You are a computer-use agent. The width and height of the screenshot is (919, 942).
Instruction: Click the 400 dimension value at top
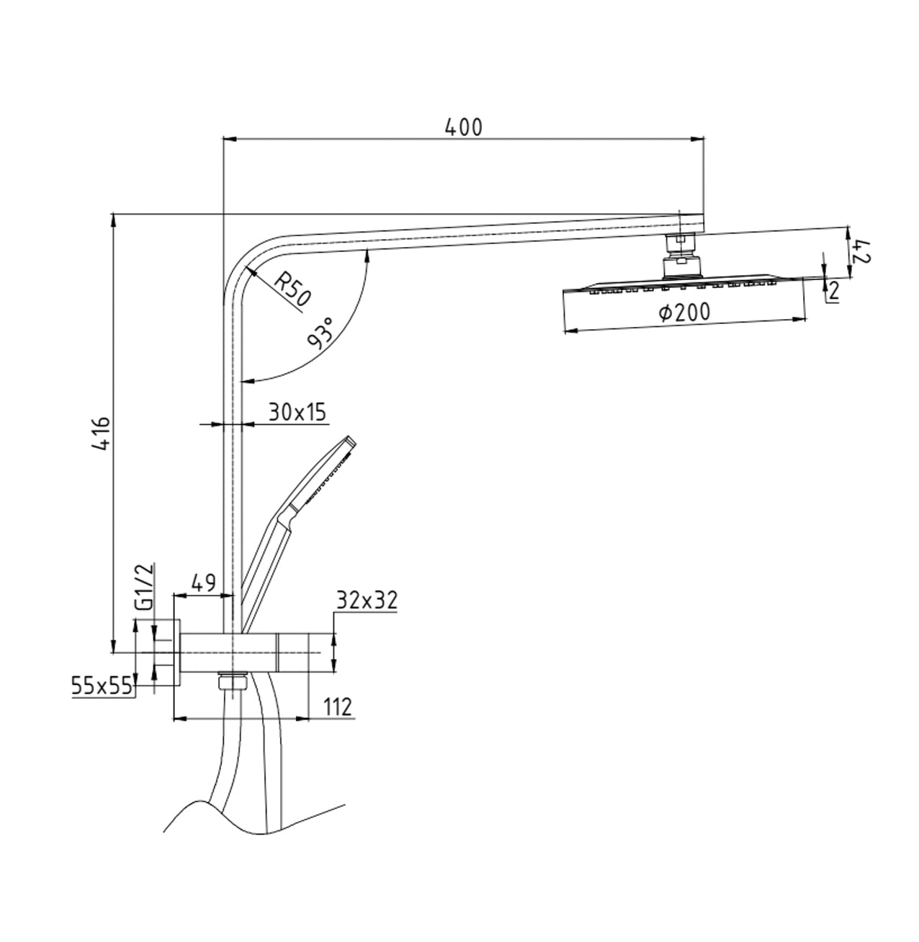pyautogui.click(x=463, y=127)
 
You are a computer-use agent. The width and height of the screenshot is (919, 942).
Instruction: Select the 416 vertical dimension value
pyautogui.click(x=102, y=434)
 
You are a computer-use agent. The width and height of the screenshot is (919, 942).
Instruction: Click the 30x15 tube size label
pyautogui.click(x=297, y=413)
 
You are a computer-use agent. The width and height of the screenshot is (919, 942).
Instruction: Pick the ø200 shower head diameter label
pyautogui.click(x=684, y=313)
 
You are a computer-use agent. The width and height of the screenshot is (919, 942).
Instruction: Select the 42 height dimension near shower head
pyautogui.click(x=862, y=252)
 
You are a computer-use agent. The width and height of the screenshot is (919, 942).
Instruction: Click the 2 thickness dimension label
pyautogui.click(x=833, y=291)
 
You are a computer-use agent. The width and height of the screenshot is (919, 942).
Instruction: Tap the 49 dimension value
pyautogui.click(x=203, y=583)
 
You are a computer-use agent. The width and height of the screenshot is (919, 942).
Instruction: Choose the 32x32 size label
pyautogui.click(x=367, y=600)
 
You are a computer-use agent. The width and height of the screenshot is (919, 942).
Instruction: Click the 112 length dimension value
pyautogui.click(x=337, y=707)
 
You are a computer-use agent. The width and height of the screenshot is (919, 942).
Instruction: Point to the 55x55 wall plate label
pyautogui.click(x=102, y=686)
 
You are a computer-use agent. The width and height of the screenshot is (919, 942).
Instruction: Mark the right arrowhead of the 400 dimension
pyautogui.click(x=697, y=140)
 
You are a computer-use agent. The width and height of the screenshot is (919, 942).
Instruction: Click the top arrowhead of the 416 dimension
pyautogui.click(x=113, y=220)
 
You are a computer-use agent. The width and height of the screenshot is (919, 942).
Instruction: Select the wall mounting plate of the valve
pyautogui.click(x=176, y=652)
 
